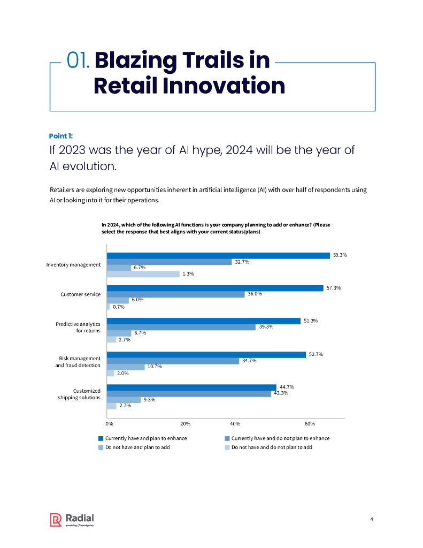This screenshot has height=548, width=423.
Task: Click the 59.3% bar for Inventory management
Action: pyautogui.click(x=218, y=255)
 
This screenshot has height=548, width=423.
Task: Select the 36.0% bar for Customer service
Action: pyautogui.click(x=175, y=294)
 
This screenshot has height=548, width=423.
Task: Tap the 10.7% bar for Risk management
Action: pyautogui.click(x=126, y=367)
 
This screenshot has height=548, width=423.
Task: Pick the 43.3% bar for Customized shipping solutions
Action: pyautogui.click(x=189, y=394)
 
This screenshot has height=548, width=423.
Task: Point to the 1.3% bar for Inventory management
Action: pyautogui.click(x=143, y=274)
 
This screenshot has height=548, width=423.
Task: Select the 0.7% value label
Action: pyautogui.click(x=119, y=307)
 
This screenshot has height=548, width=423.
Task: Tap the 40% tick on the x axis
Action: pyautogui.click(x=235, y=424)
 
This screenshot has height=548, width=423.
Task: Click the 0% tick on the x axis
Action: pyautogui.click(x=109, y=424)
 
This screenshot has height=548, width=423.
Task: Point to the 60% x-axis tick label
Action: pyautogui.click(x=309, y=424)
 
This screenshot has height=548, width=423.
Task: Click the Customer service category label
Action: pyautogui.click(x=80, y=294)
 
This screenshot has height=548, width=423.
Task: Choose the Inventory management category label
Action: pyautogui.click(x=73, y=264)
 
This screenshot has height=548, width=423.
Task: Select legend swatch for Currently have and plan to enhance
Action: pyautogui.click(x=100, y=438)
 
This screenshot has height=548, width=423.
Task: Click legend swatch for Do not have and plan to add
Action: pyautogui.click(x=100, y=447)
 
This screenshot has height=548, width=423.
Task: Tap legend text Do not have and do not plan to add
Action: pyautogui.click(x=272, y=447)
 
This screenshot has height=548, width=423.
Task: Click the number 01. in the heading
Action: pyautogui.click(x=79, y=60)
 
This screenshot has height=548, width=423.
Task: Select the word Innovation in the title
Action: pyautogui.click(x=232, y=86)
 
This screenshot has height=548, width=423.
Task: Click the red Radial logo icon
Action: pyautogui.click(x=56, y=520)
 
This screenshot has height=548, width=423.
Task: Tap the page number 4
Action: pyautogui.click(x=372, y=519)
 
